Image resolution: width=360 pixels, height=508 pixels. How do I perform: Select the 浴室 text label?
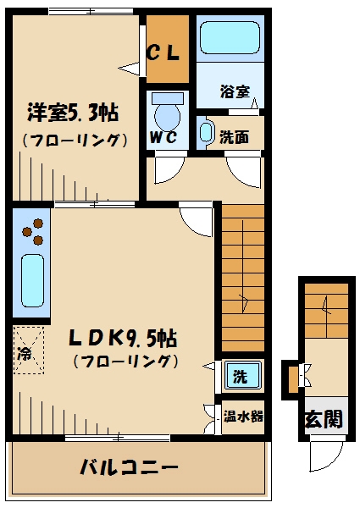click(x=234, y=91)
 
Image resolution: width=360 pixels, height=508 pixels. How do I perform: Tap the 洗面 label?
click(x=234, y=135)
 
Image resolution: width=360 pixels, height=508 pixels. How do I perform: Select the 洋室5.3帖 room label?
click(x=72, y=112)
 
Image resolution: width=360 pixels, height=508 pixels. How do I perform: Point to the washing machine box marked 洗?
click(x=241, y=374)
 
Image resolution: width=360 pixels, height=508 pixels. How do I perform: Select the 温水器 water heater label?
click(x=244, y=417)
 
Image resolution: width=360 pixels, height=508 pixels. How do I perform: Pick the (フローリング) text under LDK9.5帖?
click(x=125, y=362)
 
